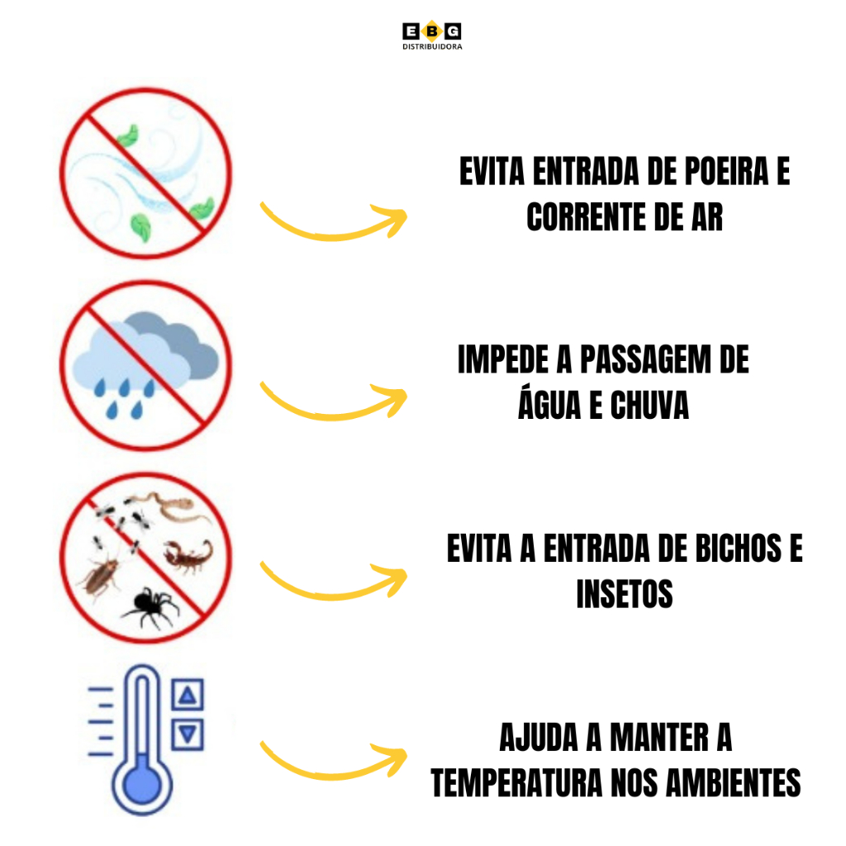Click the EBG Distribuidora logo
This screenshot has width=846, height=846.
pos(431,36)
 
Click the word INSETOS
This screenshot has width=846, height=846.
pos(625,594)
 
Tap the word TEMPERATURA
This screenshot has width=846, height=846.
pos(516,783)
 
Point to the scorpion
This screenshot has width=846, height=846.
pos(189,557)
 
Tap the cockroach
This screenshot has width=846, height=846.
pos(100,576)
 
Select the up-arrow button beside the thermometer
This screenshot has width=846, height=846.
pos(188,694)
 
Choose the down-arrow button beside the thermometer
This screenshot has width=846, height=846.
pos(188,734)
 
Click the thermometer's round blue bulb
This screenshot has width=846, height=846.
pos(142,784)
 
